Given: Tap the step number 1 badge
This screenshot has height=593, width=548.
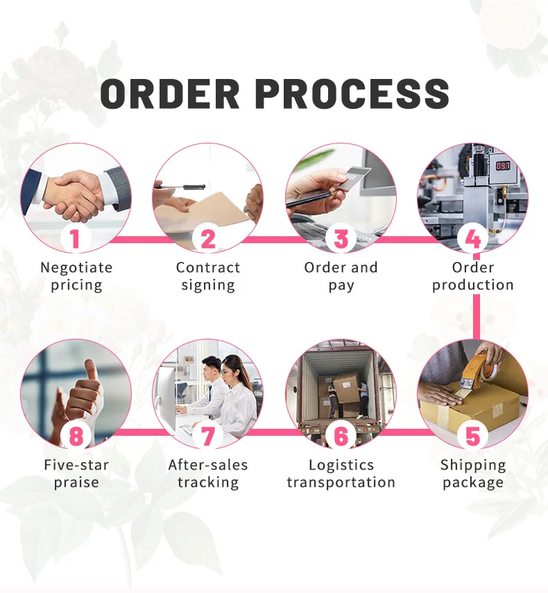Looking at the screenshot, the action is [76, 238].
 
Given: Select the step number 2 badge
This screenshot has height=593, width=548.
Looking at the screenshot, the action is [208, 238].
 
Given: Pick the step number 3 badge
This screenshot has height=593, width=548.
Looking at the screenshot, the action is [341, 238].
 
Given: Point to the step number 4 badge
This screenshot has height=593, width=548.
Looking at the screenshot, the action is [473, 238].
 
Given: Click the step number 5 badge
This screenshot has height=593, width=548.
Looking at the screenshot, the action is [473, 436].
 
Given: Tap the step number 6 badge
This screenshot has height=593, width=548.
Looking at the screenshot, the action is [341, 436].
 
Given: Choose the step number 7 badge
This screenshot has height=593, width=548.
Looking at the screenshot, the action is [208, 436].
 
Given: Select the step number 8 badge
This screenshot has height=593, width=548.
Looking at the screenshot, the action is [76, 436].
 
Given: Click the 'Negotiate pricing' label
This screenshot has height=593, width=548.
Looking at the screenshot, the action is [76, 276].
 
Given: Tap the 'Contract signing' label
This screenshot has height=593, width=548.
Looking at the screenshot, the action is [208, 276].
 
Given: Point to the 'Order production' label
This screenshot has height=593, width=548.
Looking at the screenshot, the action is [473, 276].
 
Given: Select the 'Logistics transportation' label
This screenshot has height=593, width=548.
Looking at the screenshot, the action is [341, 473].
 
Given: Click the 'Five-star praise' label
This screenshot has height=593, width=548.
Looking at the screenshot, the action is [76, 473].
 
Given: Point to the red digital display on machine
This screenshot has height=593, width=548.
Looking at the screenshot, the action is [502, 166].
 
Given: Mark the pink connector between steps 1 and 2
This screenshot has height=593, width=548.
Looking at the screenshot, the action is [142, 240].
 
